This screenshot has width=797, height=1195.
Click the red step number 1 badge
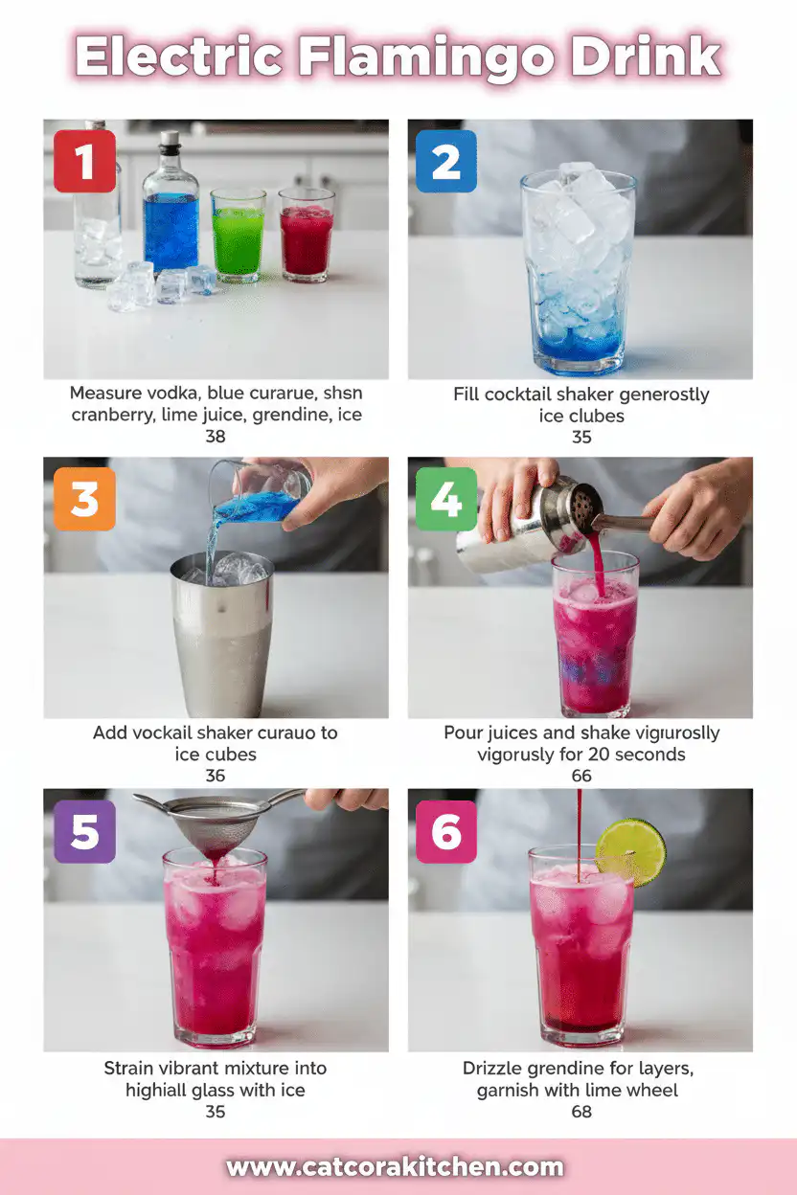coord(84,161)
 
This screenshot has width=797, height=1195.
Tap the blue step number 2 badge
coord(446,161)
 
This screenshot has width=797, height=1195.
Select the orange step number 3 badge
coord(84,499)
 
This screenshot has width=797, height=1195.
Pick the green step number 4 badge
coord(446,499)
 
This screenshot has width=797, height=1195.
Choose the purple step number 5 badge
coord(84,832)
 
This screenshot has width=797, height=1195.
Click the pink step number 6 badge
coord(446,832)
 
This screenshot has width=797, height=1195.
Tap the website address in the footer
coord(395,1167)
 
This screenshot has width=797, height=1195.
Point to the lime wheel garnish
coord(630,851)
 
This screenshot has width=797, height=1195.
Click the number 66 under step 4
coord(581,776)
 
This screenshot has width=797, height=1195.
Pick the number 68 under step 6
coord(581,1112)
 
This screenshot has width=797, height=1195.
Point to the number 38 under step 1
coord(216,437)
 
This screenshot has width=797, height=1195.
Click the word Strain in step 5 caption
coord(129,1068)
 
